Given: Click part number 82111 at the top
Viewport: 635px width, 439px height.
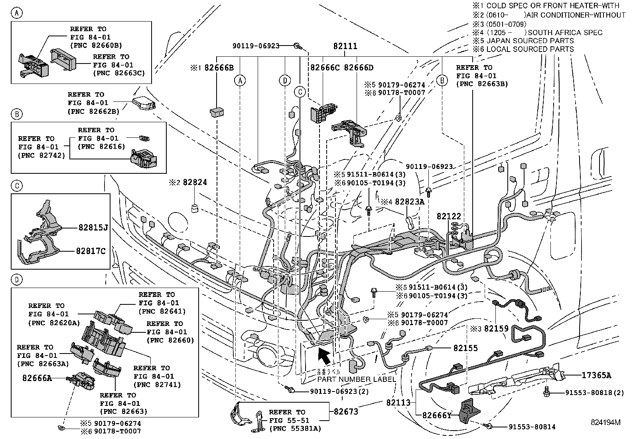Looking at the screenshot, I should click(345, 47).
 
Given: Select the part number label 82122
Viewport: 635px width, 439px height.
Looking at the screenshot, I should click(449, 216).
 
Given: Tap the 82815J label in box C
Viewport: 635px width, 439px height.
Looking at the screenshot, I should click(93, 228).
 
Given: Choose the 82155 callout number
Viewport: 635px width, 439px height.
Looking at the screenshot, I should click(465, 348).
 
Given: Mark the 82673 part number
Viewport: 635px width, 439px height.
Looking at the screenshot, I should click(346, 411).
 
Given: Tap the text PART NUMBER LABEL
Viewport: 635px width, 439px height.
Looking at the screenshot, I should click(357, 379).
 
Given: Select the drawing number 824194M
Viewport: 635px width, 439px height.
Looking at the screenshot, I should click(606, 422).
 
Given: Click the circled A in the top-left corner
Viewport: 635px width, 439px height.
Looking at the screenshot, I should click(16, 13).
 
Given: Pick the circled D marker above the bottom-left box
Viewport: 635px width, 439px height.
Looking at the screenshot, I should click(16, 280).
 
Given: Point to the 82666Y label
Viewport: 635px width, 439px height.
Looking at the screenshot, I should click(437, 415).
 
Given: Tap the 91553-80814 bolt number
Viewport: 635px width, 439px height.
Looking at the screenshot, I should click(532, 427).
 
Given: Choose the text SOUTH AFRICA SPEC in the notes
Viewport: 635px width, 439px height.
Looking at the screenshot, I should click(565, 32).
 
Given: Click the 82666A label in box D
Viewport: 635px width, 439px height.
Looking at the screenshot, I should click(37, 378).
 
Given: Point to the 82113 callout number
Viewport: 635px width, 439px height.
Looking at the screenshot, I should click(398, 403).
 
